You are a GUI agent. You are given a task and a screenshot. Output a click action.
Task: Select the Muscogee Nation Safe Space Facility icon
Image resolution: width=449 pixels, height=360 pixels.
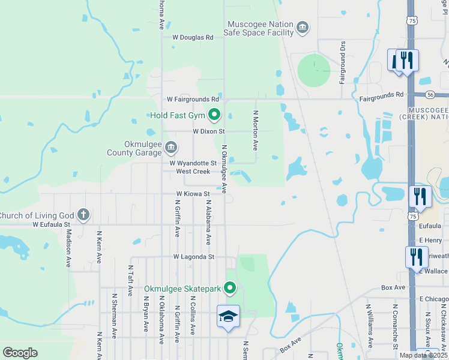point(303,28)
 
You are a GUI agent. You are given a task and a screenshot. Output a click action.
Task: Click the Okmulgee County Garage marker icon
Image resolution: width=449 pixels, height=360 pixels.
point(171,147)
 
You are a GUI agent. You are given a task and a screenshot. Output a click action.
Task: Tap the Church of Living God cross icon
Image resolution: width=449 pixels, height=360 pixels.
point(83,214)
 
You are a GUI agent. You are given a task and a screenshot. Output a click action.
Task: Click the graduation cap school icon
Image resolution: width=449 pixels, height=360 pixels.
point(228,317)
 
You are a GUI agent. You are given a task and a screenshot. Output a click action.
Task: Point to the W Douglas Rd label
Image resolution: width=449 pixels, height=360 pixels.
point(193,37)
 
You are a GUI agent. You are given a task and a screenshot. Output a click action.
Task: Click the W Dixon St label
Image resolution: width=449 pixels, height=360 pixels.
point(208,131)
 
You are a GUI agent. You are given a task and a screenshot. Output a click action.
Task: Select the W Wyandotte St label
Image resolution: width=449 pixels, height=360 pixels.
point(193,163)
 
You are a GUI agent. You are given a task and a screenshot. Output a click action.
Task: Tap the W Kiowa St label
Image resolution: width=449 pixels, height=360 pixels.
point(193,194)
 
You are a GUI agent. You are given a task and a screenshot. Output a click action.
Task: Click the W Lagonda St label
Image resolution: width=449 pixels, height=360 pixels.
point(193,257)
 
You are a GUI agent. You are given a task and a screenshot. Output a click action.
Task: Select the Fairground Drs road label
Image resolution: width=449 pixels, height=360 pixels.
point(342,62)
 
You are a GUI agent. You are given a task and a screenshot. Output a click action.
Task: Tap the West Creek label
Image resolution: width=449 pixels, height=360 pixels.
point(193,172)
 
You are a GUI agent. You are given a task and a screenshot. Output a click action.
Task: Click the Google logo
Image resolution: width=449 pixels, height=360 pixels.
point(20,352)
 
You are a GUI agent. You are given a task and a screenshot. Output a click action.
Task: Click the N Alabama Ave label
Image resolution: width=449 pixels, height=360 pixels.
point(208,223)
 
